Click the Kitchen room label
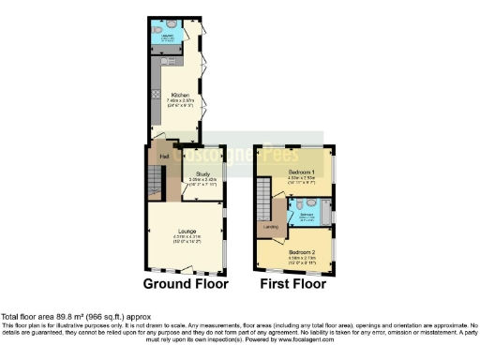pos(179,95)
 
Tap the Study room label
pos(202,174)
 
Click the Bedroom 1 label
pos(300,174)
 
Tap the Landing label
pos(270,227)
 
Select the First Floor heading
pos(294,282)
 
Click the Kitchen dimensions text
pos(179,102)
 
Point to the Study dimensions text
pos(202,182)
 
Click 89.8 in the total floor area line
pos(65,316)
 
